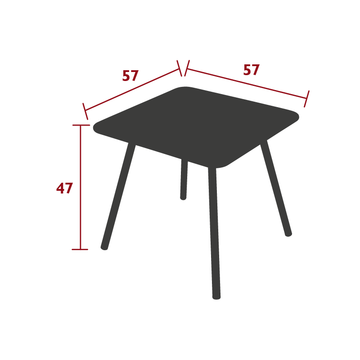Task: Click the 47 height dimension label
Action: [64, 188]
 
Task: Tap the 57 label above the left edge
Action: [130, 76]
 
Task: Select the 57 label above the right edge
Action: [252, 70]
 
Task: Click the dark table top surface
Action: [195, 125]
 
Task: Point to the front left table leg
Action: [118, 196]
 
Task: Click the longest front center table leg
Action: [214, 233]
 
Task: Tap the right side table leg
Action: [276, 188]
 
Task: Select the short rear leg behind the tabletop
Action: [184, 179]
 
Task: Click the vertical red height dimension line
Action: [81, 187]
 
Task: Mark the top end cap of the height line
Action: [81, 125]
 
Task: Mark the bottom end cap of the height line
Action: [80, 249]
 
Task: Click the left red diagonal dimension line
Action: [132, 90]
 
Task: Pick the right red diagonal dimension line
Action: [247, 84]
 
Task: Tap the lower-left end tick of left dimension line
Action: [85, 111]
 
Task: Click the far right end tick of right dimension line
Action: [307, 99]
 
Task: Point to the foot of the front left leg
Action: [104, 248]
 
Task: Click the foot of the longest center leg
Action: [216, 297]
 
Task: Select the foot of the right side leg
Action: [288, 234]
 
